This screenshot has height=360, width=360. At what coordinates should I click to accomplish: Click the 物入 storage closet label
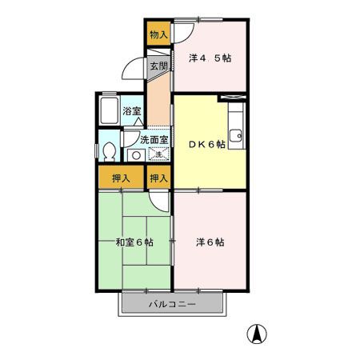pos(158,34)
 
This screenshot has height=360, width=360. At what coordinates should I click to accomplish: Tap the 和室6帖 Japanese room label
pos(134,242)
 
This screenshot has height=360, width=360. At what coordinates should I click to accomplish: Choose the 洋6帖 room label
pos(210,242)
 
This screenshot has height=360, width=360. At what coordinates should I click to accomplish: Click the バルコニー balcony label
pos(171,305)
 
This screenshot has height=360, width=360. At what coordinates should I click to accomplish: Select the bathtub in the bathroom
pos(109,110)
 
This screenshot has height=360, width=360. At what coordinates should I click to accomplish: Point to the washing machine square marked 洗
pos(158,154)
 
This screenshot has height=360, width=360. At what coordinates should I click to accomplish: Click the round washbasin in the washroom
pos(134,154)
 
